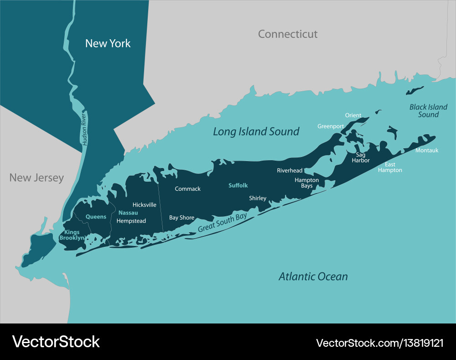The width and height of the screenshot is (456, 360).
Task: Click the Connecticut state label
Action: click(x=287, y=34)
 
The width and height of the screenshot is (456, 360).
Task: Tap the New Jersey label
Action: click(x=36, y=177)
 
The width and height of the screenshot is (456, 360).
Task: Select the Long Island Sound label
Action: click(x=256, y=132)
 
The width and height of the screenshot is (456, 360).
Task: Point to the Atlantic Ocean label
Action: click(x=313, y=277)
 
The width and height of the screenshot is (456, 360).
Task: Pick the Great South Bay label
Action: click(x=222, y=223)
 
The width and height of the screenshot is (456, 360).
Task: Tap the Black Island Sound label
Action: click(x=428, y=111)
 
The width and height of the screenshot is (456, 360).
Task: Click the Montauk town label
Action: click(x=427, y=150)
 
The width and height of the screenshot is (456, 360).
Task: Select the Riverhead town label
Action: click(x=290, y=171)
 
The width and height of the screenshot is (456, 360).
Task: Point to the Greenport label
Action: click(x=331, y=126)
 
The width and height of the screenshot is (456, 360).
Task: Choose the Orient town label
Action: click(x=353, y=115)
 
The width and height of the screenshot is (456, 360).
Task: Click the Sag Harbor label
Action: click(x=360, y=157)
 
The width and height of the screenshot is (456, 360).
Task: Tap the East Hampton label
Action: click(x=390, y=167)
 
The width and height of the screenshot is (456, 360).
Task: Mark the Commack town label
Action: click(x=187, y=189)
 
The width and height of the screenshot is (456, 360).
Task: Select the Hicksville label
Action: click(x=144, y=205)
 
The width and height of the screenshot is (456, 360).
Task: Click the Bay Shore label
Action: click(x=181, y=218)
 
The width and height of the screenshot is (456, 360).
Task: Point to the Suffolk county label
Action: click(x=238, y=185)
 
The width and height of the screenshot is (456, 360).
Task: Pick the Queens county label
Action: click(x=96, y=217)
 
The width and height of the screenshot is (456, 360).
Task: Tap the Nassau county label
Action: click(x=128, y=213)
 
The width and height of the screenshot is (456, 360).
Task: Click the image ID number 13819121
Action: click(x=420, y=342)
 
